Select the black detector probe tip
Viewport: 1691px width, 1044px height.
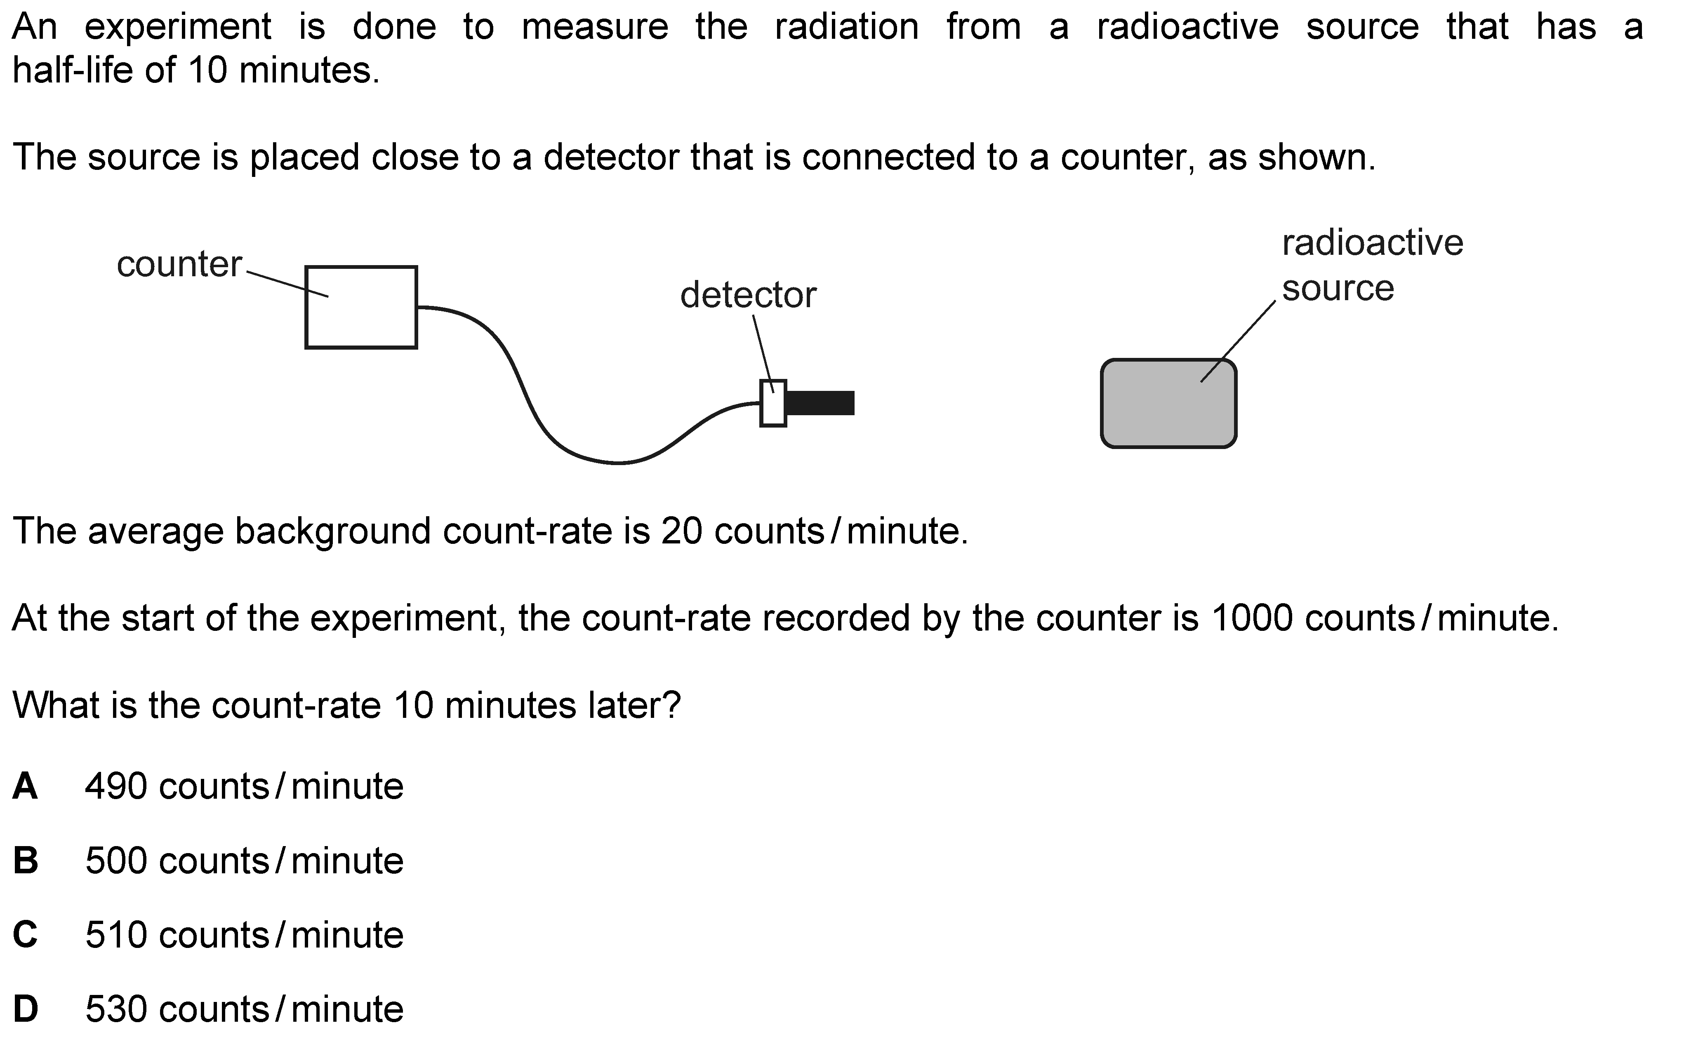click(x=820, y=403)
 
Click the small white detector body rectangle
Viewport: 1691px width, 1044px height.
click(x=772, y=403)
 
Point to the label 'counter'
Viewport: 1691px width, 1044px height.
click(x=179, y=264)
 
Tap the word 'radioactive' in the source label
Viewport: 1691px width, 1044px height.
click(x=1372, y=243)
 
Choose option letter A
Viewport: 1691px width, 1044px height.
click(x=25, y=786)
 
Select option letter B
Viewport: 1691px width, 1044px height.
click(x=26, y=861)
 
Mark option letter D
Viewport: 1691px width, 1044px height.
click(x=26, y=1009)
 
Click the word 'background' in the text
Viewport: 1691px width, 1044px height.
click(x=333, y=531)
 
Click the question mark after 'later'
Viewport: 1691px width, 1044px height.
click(x=672, y=705)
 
